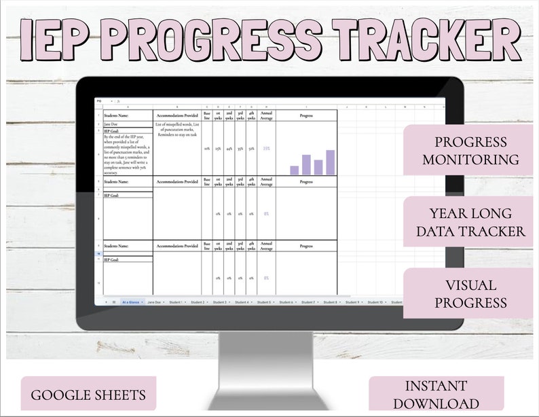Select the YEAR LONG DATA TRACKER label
point(470,222)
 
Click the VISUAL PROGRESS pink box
point(470,293)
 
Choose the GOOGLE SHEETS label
point(88,394)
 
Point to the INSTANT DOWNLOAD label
point(437,394)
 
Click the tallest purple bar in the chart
point(331,162)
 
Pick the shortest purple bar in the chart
point(294,170)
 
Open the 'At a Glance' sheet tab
point(132,302)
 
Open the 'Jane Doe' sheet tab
point(155,302)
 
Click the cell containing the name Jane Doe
point(127,124)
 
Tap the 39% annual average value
point(266,148)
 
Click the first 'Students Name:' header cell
point(127,115)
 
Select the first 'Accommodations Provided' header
point(176,115)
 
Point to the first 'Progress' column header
point(305,115)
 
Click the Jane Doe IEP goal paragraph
point(127,152)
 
